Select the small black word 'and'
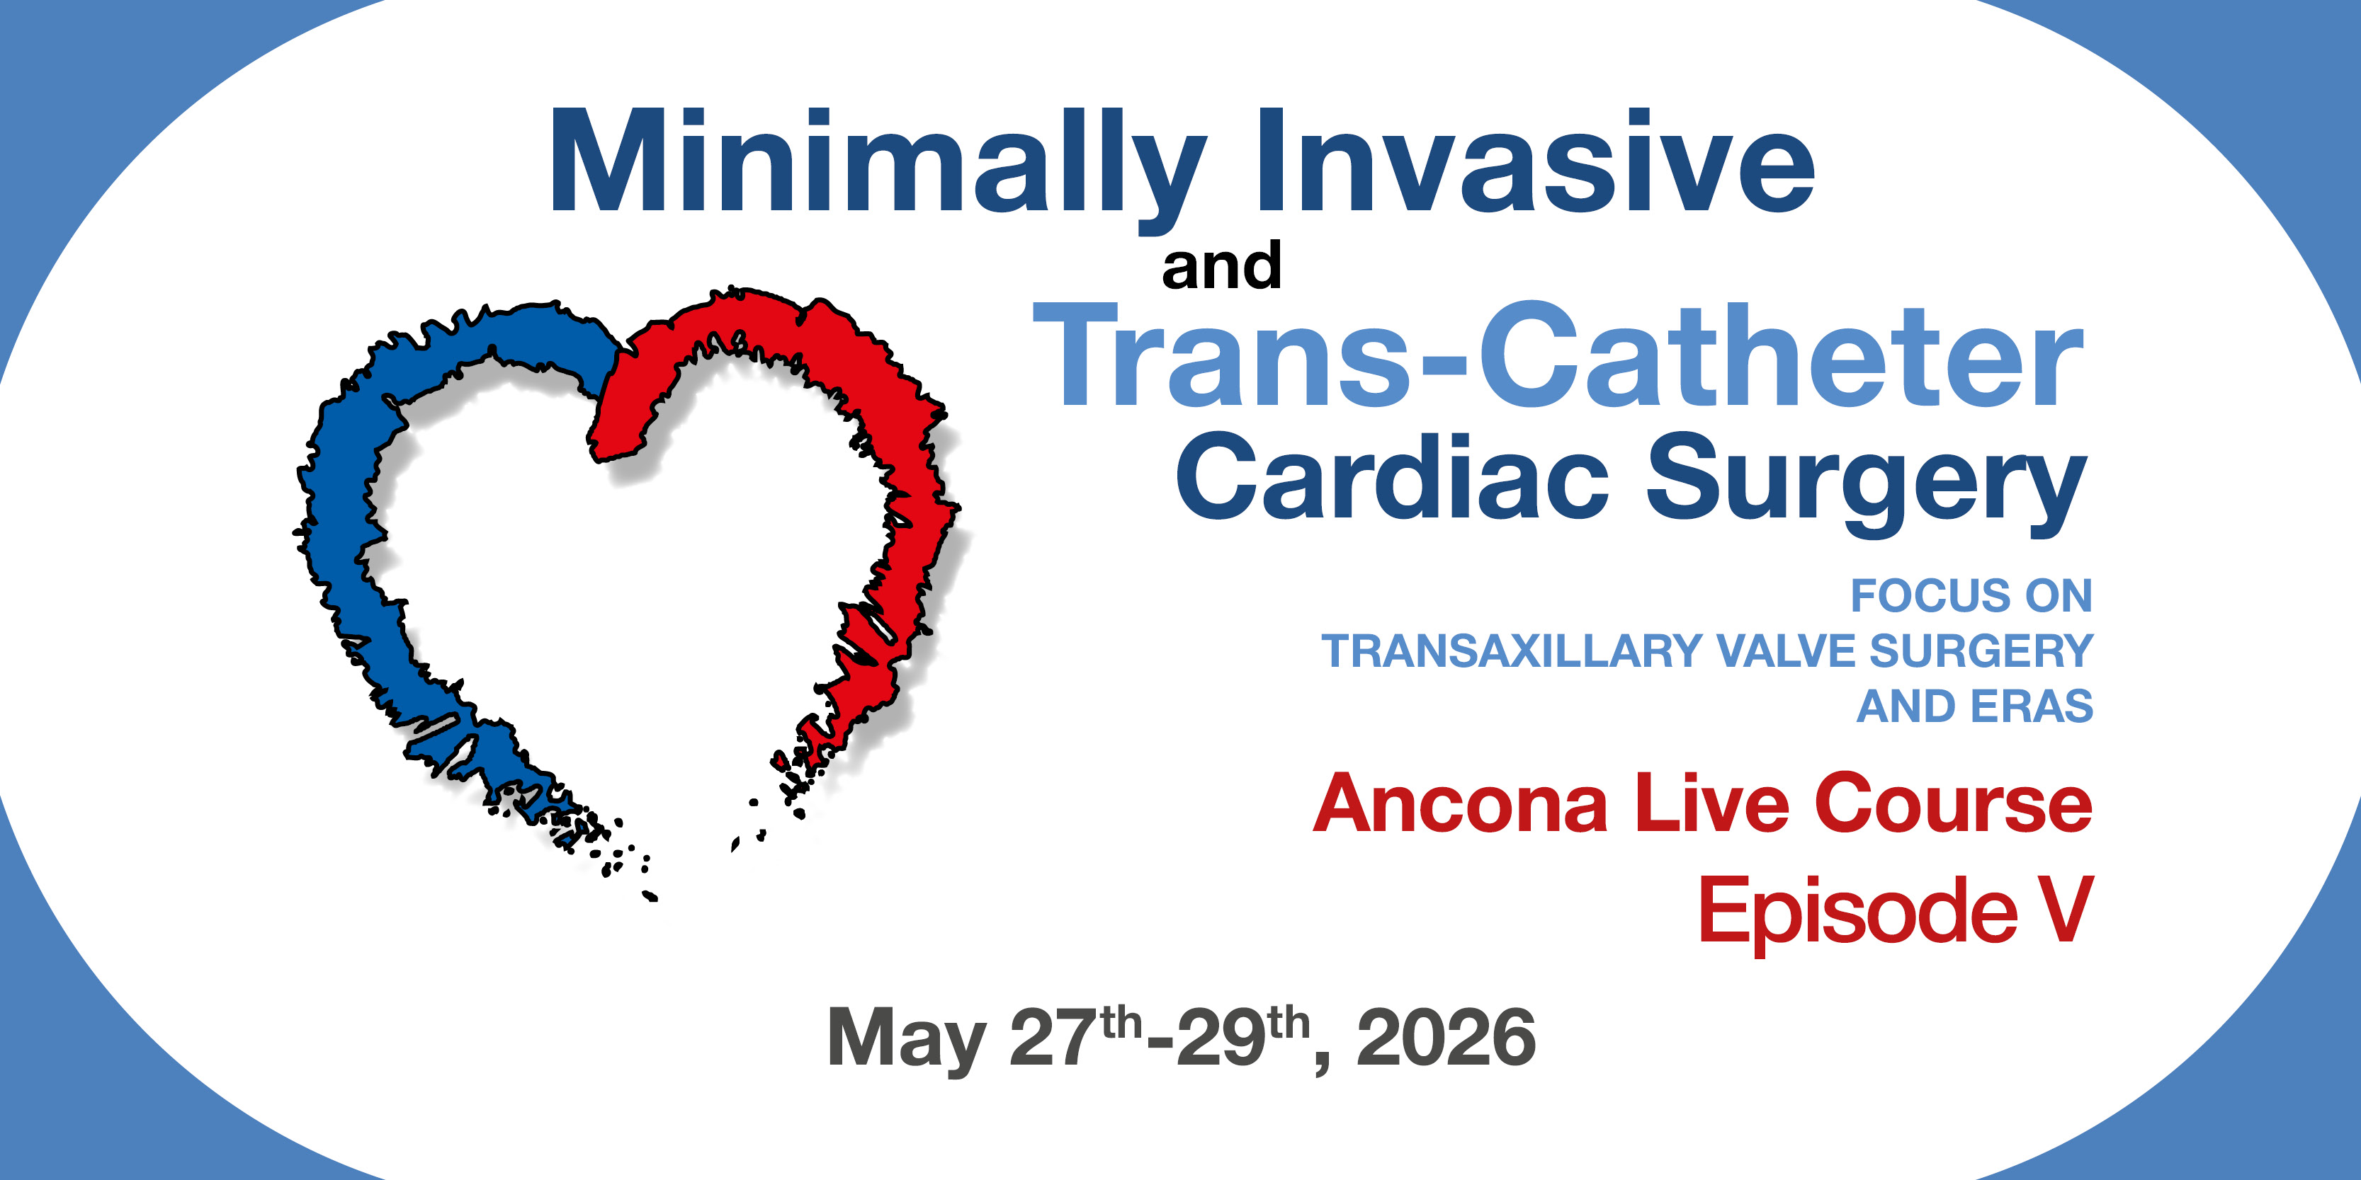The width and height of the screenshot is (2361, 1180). coord(1221,265)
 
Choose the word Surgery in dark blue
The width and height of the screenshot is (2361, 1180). coord(1866,486)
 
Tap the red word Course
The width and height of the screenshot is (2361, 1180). coord(1953,803)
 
